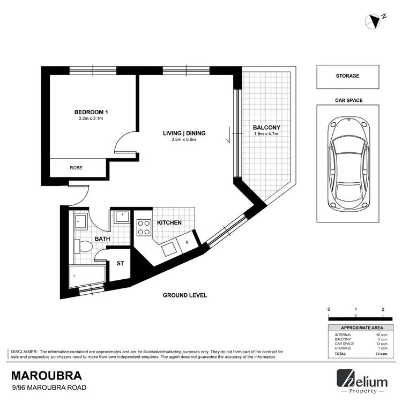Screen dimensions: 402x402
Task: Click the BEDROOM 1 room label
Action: [x=91, y=112]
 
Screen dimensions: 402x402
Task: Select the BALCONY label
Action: [x=266, y=127]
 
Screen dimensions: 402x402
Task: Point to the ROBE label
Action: [x=76, y=168]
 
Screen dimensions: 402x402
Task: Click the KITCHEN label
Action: [x=169, y=222]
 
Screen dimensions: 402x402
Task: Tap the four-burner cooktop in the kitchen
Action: [x=143, y=228]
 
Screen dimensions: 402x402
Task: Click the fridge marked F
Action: [x=187, y=242]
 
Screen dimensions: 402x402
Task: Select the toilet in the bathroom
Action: [x=83, y=246]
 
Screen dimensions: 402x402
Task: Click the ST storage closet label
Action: [x=120, y=264]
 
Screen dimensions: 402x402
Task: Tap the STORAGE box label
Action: [x=347, y=76]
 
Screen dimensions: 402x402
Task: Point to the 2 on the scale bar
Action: [x=383, y=310]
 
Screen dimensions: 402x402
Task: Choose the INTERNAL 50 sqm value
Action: [x=378, y=334]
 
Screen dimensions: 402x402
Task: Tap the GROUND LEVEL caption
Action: [x=185, y=295]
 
